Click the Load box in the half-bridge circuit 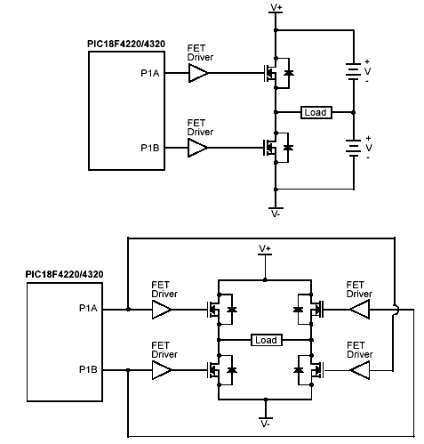(x=316, y=112)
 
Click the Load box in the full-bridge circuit (x=267, y=340)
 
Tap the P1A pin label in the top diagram (x=150, y=73)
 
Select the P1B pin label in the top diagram (x=150, y=148)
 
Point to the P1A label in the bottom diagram (x=88, y=309)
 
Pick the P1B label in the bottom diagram (x=88, y=369)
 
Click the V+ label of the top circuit (x=276, y=7)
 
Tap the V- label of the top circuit (x=276, y=214)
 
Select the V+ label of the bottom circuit (x=265, y=248)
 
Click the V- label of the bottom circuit (x=265, y=424)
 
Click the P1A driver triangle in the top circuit (x=198, y=73)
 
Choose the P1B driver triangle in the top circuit (x=198, y=148)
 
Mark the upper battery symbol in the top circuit (x=354, y=71)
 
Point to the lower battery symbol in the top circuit (x=354, y=148)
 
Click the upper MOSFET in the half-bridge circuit (x=276, y=73)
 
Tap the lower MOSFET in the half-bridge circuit (x=276, y=148)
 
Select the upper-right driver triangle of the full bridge (x=360, y=310)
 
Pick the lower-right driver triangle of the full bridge (x=360, y=370)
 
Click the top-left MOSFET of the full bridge (x=221, y=310)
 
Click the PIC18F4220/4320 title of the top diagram (x=126, y=44)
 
